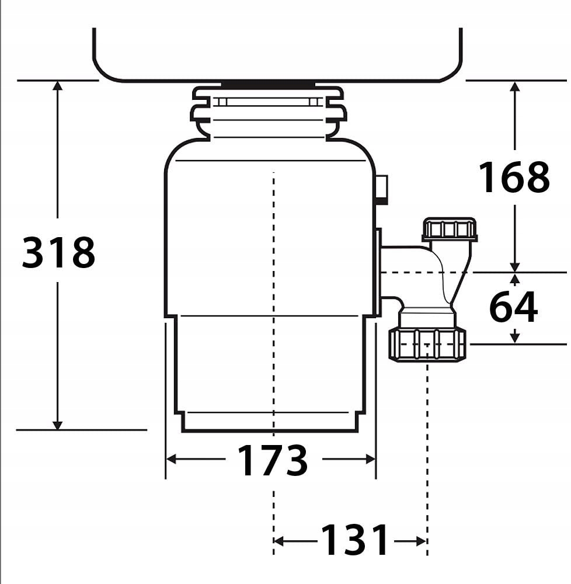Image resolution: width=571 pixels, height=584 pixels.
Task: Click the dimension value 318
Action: [58, 252]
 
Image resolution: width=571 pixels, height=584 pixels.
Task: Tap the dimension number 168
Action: [514, 177]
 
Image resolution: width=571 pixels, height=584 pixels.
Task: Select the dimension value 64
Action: [513, 307]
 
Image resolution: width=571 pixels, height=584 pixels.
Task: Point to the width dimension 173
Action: [273, 460]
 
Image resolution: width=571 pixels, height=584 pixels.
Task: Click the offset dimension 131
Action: [355, 539]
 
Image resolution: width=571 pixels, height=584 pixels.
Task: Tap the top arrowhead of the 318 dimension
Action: [57, 86]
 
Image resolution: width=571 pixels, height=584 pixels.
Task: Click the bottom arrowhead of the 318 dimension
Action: [57, 425]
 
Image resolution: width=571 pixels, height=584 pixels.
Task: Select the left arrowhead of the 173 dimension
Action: [171, 459]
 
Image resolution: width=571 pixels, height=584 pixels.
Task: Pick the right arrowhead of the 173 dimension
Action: [371, 459]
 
